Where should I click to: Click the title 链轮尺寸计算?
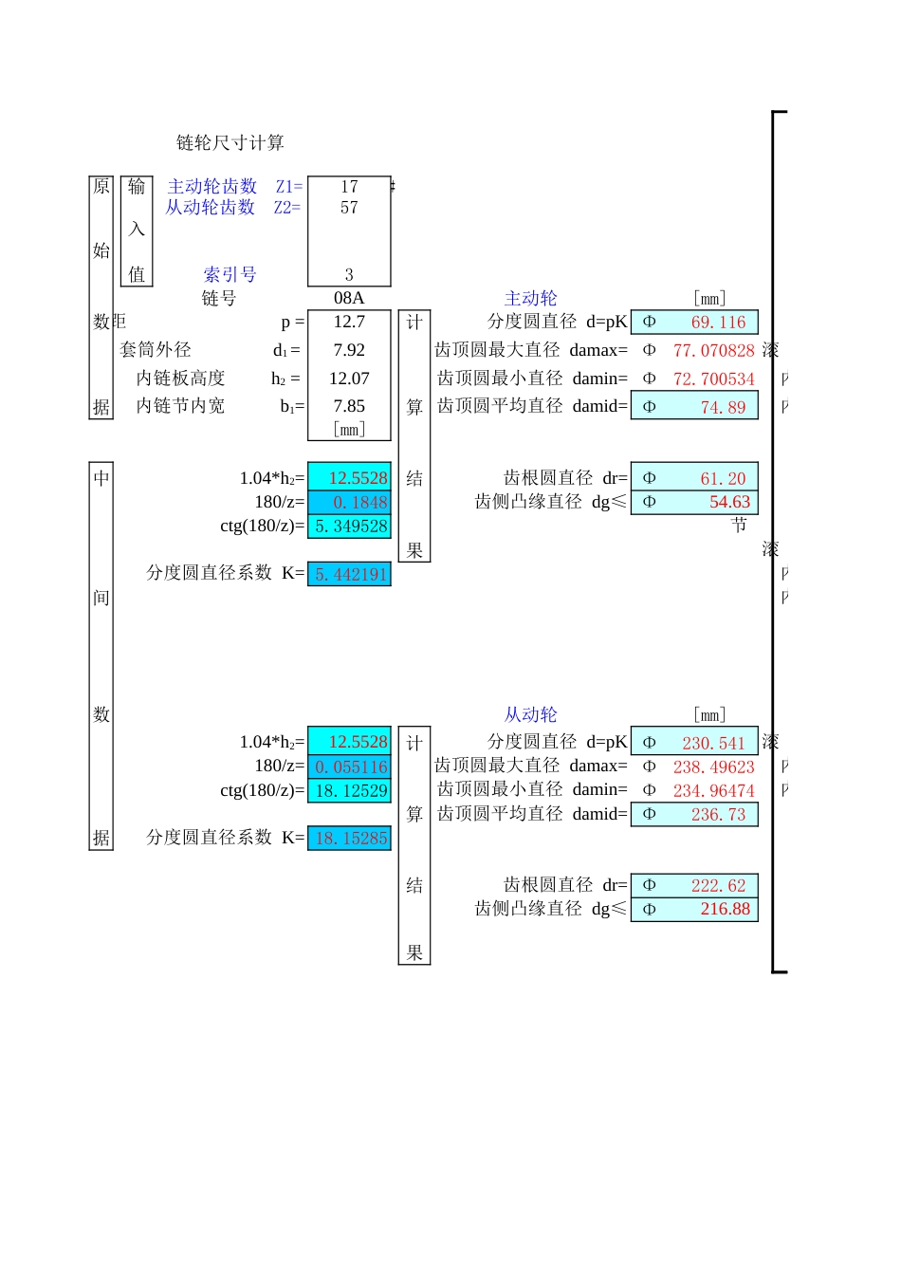coord(230,143)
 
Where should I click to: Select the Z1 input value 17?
coord(349,187)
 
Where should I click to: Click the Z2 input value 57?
coord(349,208)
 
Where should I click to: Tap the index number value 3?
coord(349,275)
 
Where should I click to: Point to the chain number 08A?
coord(349,298)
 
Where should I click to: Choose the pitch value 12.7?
coord(349,322)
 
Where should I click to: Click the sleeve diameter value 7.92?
coord(349,350)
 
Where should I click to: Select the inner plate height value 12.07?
coord(349,379)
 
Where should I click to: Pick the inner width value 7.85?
coord(349,406)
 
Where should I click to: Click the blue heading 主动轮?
coord(531,299)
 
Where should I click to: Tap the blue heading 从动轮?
coord(531,715)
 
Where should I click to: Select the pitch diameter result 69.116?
coord(718,323)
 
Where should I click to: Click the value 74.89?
coord(723,408)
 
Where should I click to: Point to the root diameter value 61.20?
coord(723,479)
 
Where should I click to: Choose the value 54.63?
coord(729,503)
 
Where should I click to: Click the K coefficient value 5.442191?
coord(351,575)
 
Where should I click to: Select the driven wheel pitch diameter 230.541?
coord(713,744)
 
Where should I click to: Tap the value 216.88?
coord(725,909)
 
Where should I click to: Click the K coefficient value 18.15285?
coord(351,839)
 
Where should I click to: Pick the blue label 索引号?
coord(230,275)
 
